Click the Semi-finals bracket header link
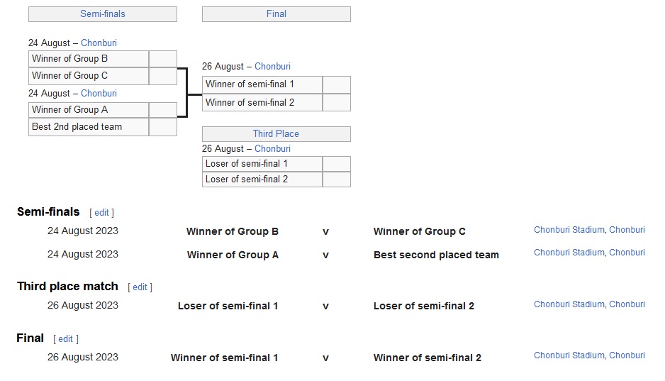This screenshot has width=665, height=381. (102, 14)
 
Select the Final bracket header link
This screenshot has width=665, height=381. (276, 14)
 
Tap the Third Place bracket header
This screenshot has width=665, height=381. (276, 134)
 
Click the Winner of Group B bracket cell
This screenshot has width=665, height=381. (89, 59)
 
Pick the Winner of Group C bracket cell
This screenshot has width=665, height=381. (89, 76)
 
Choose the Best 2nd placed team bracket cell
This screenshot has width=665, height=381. (89, 127)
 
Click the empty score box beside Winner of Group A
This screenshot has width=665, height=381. (162, 110)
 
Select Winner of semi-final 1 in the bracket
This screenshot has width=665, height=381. (262, 84)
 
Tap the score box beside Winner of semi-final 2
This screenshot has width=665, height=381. (336, 103)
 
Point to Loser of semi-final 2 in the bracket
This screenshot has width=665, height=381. (262, 180)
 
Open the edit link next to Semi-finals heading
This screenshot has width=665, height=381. (102, 213)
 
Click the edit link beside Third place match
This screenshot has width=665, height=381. (140, 287)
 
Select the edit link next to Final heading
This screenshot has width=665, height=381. (66, 339)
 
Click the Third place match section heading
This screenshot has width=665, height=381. (67, 287)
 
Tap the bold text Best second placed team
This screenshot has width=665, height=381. (436, 255)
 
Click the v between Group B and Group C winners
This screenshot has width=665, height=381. (325, 232)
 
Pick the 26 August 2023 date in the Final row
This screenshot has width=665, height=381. (83, 358)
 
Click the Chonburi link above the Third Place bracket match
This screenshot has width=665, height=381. (272, 149)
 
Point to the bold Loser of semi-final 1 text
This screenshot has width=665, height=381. (228, 307)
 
